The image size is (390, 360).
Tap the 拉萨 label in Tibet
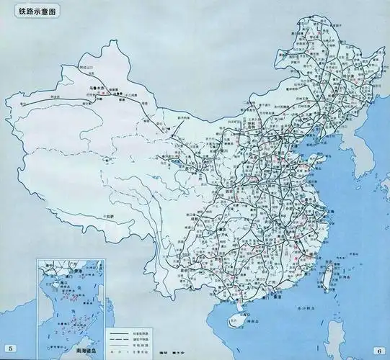(x=110, y=215)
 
